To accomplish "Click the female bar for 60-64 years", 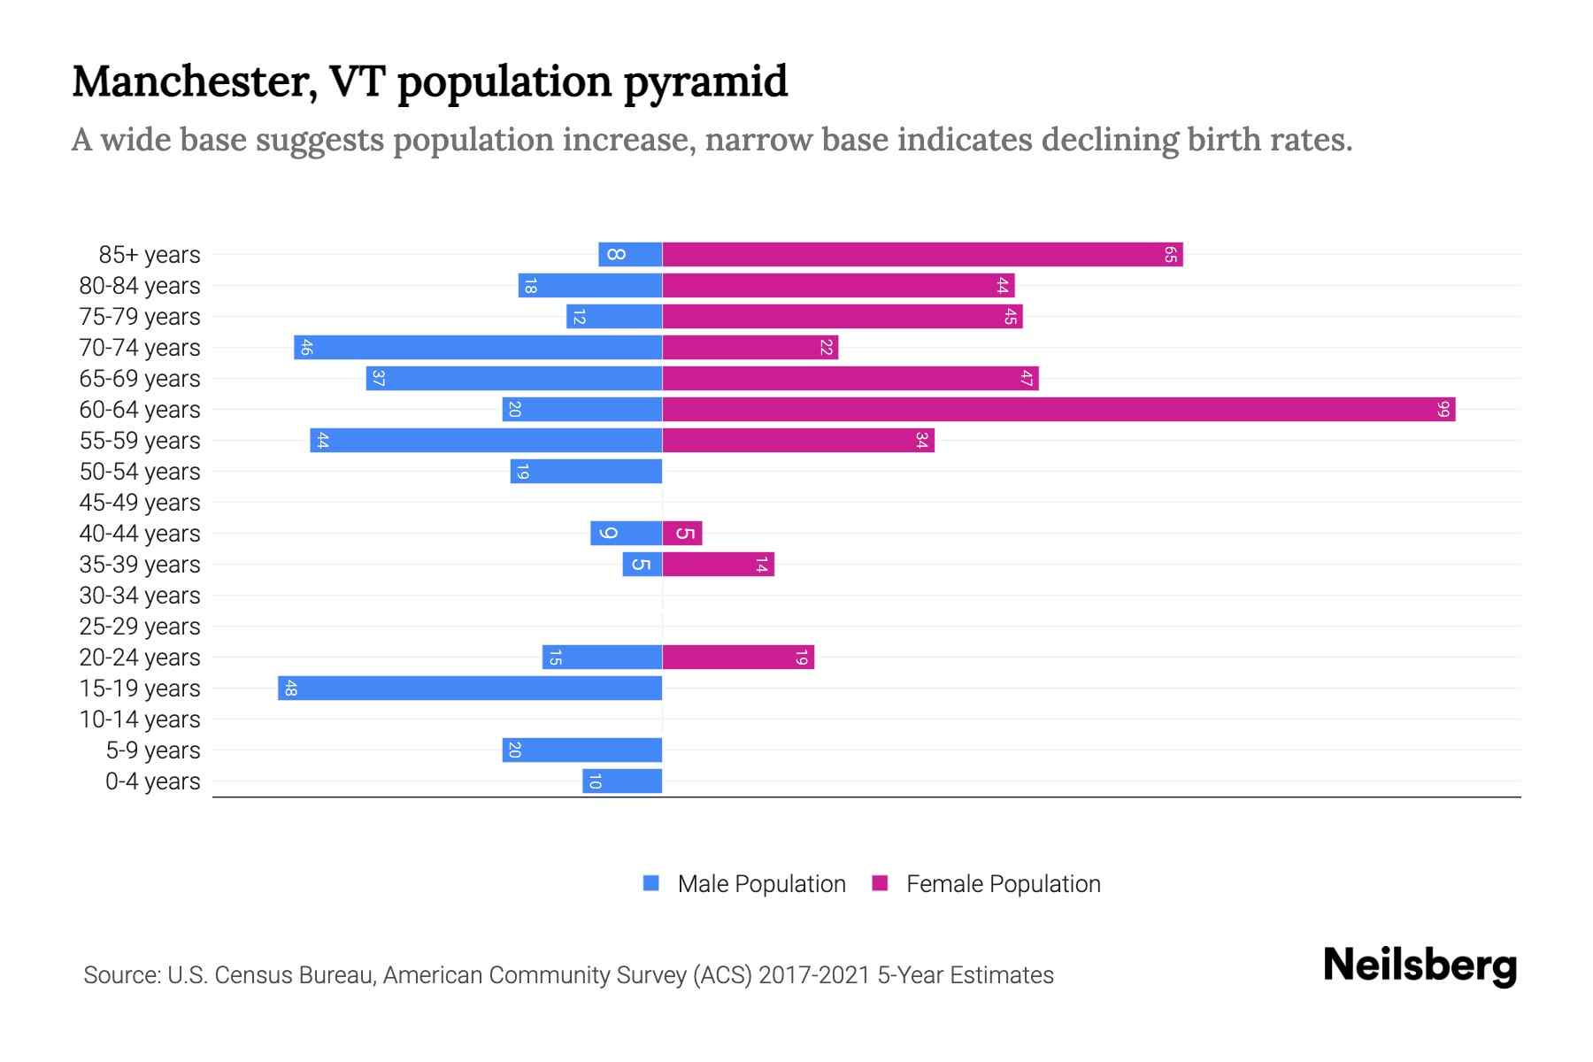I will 1058,409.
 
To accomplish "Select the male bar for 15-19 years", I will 469,688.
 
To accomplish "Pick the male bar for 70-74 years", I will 478,347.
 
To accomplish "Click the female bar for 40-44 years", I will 681,533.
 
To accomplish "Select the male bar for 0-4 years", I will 622,781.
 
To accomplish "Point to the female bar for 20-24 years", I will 737,657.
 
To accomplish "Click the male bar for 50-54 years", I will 586,471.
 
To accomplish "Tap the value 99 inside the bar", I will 1443,409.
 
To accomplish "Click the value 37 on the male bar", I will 378,378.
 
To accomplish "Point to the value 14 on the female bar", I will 761,564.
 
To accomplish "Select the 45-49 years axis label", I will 140,502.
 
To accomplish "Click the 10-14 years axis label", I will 140,719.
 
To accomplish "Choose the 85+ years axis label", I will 150,254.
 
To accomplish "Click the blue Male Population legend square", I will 651,882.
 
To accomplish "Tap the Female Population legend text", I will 1003,883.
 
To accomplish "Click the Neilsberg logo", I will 1420,965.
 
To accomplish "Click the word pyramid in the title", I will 704,81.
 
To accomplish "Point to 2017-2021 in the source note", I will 814,974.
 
